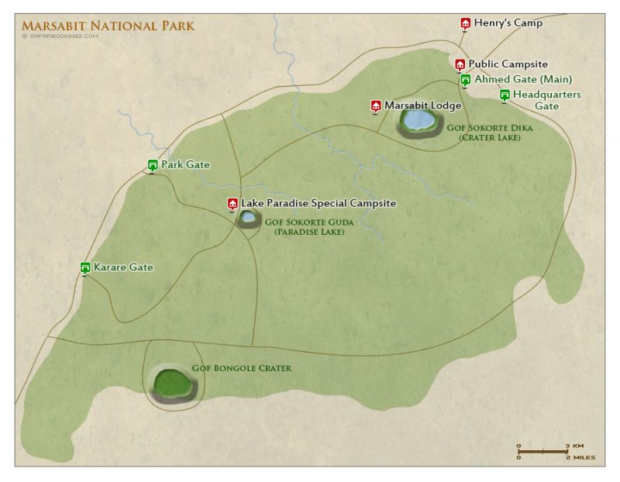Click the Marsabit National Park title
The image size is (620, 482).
[x=108, y=26]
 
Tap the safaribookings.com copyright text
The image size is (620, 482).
[x=60, y=36]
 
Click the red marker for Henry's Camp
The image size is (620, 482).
[x=465, y=23]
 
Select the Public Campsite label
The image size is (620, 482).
[x=508, y=64]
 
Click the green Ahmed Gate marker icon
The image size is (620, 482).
[x=465, y=80]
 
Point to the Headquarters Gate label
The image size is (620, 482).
[x=546, y=100]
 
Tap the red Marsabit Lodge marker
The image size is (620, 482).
[x=376, y=105]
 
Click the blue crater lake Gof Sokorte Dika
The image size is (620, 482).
[x=419, y=120]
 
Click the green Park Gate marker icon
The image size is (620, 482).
[x=153, y=165]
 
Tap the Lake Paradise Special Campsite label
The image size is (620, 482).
[x=319, y=204]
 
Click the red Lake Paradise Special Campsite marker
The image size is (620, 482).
[x=232, y=204]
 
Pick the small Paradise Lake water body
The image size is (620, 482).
[x=247, y=218]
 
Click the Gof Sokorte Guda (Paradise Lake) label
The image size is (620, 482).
[x=309, y=226]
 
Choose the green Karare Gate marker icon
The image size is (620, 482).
[x=85, y=268]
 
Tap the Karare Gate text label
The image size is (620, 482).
[x=123, y=267]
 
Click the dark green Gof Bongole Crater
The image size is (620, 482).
[x=173, y=382]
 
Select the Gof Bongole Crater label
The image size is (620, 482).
[x=241, y=368]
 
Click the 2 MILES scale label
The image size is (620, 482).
[x=580, y=458]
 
